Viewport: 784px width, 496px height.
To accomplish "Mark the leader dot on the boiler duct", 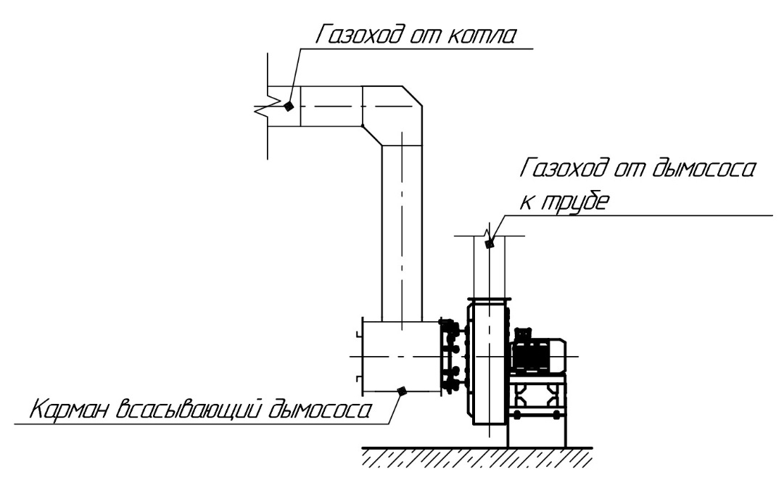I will pyautogui.click(x=288, y=106).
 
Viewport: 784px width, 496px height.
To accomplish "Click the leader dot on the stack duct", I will pyautogui.click(x=489, y=244).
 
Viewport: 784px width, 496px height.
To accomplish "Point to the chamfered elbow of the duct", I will pyautogui.click(x=392, y=115).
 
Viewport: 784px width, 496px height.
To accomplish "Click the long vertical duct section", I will pyautogui.click(x=402, y=232).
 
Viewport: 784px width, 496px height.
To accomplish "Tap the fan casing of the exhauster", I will pyautogui.click(x=487, y=363).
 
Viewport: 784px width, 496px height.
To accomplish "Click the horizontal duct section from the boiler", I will pyautogui.click(x=330, y=107).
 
